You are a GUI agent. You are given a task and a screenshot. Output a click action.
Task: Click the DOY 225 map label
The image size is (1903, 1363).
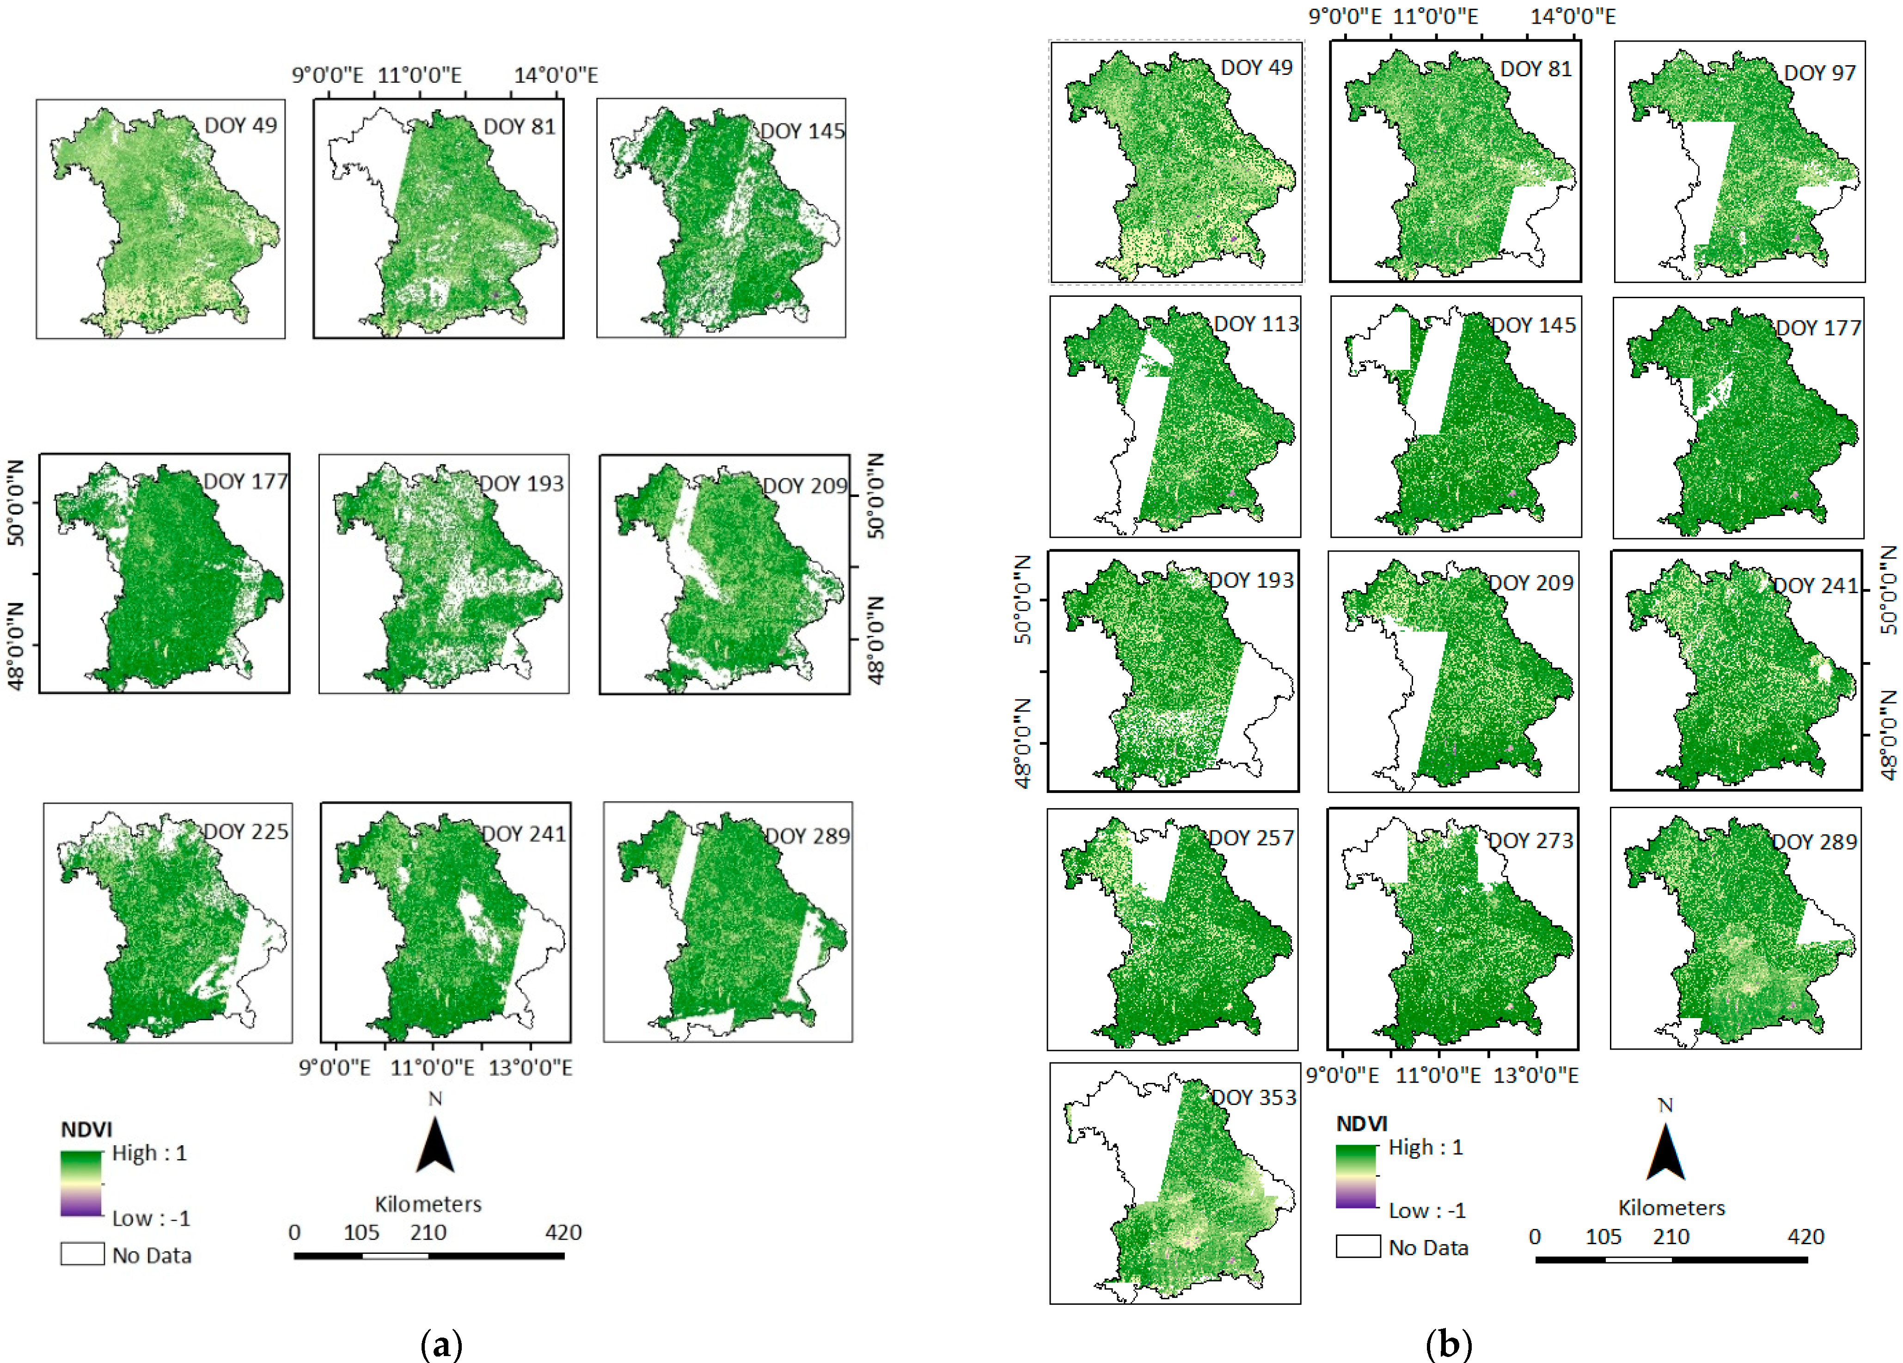click(x=246, y=832)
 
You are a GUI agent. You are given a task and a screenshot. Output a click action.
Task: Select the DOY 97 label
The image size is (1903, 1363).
click(x=1819, y=73)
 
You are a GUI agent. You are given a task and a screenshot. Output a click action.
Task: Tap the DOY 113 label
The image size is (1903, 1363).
click(x=1256, y=324)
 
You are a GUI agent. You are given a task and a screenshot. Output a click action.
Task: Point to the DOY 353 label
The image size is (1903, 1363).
click(x=1254, y=1098)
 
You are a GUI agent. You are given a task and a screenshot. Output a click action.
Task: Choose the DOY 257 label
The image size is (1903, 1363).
click(x=1251, y=838)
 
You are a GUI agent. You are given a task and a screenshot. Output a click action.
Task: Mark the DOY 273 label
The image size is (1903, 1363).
click(x=1530, y=841)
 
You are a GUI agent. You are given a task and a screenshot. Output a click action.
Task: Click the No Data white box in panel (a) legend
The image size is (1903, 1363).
click(x=82, y=1254)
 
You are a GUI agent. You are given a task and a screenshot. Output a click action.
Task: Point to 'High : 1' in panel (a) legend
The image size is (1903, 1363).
click(x=149, y=1153)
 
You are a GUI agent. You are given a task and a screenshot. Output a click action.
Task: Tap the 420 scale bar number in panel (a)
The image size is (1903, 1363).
click(x=563, y=1232)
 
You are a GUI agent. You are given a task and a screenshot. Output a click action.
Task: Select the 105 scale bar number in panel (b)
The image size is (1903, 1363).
click(x=1603, y=1236)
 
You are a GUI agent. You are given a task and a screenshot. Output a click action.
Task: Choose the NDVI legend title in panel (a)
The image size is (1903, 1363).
click(x=86, y=1130)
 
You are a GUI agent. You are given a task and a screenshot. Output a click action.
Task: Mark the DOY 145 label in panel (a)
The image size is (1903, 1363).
click(x=802, y=132)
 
